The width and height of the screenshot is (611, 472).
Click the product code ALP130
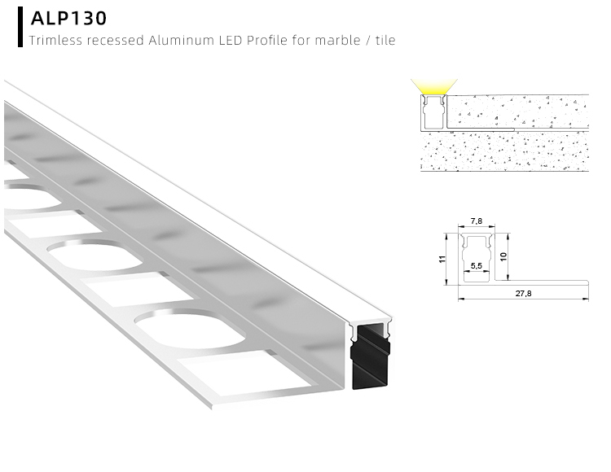tap(68, 18)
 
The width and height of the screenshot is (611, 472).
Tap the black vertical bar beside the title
tap(20, 27)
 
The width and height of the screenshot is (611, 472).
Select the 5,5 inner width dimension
tap(477, 265)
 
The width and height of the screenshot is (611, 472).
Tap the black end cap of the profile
tap(370, 358)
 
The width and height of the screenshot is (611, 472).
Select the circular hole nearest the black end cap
tap(183, 329)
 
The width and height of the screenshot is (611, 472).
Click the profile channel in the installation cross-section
tap(434, 111)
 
